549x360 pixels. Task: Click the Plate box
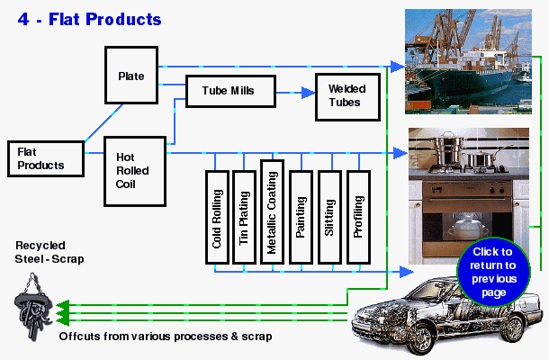131,76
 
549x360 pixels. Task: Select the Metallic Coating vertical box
272,209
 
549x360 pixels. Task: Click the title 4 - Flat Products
90,19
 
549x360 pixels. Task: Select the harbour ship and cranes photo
465,60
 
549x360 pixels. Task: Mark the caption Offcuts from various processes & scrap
166,337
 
